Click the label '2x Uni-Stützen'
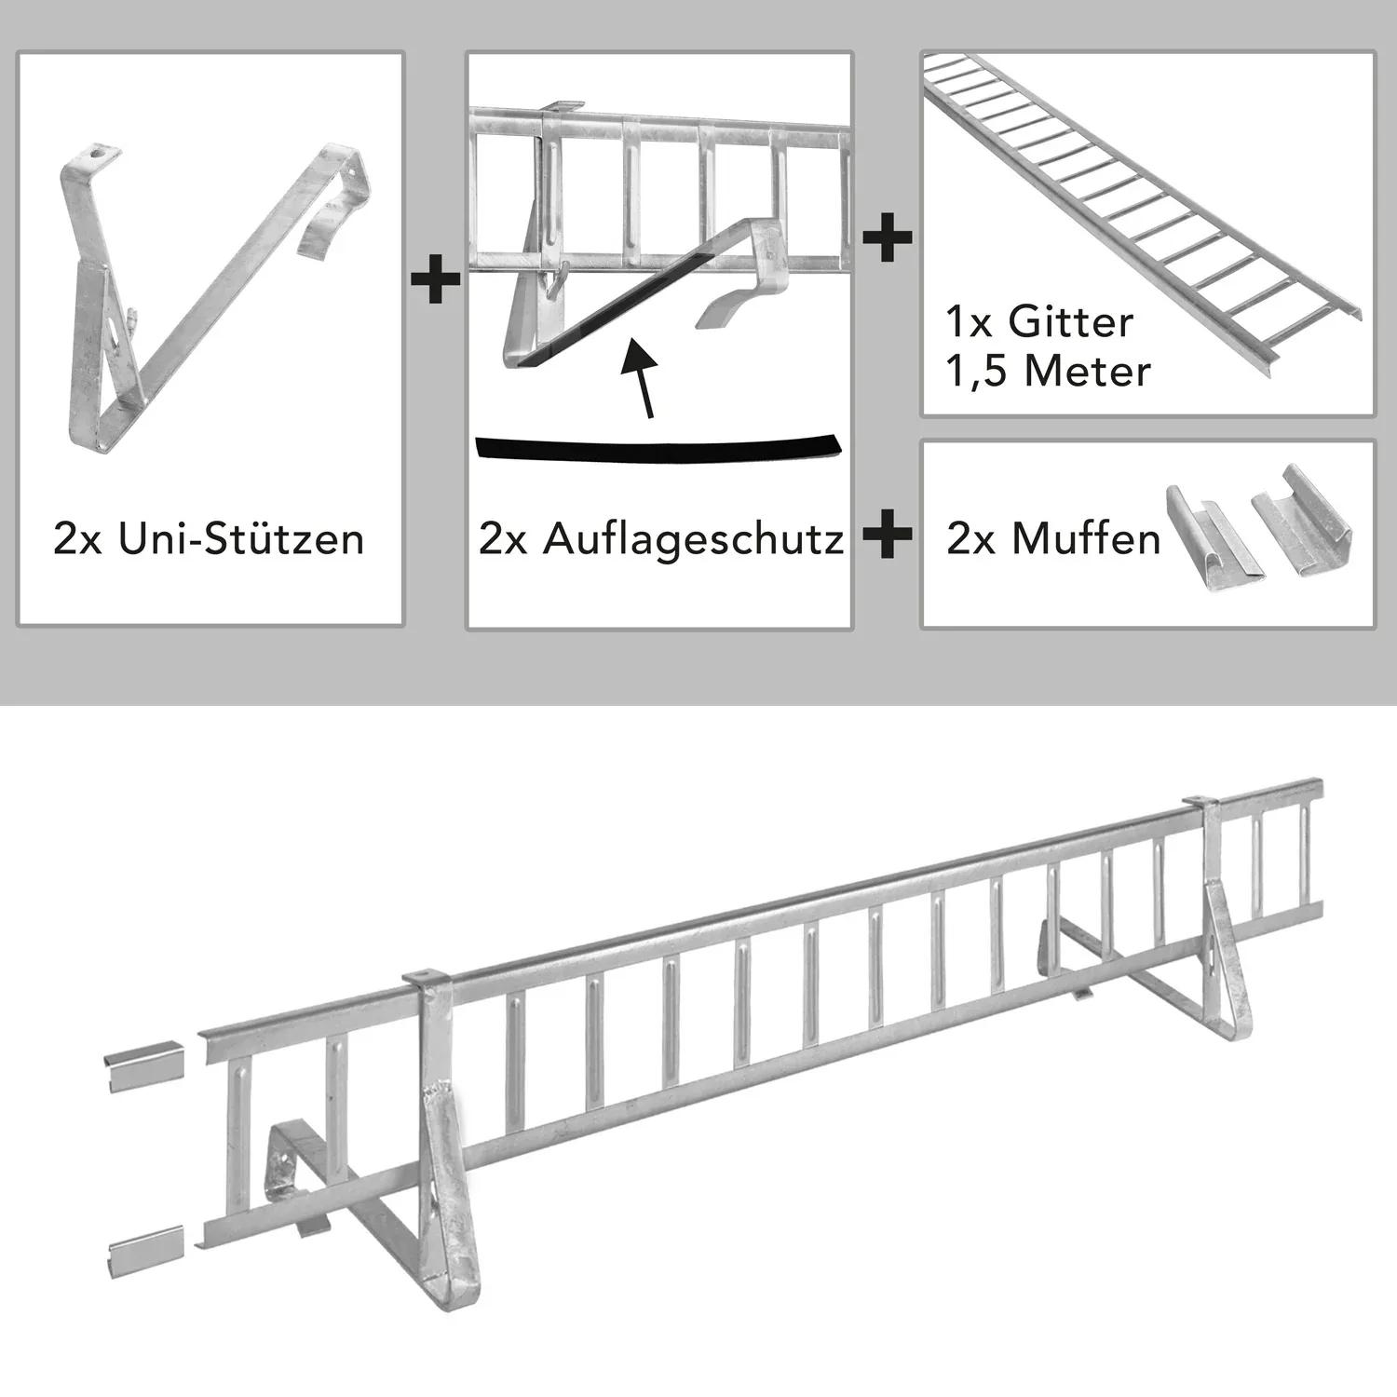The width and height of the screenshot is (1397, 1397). [x=209, y=540]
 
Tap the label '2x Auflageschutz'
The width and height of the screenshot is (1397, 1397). [x=661, y=540]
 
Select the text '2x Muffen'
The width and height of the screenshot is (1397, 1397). [x=1053, y=540]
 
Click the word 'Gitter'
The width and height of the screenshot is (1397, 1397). [x=1070, y=323]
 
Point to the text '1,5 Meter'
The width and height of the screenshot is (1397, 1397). [x=1048, y=372]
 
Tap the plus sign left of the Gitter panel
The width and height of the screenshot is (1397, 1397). [x=888, y=237]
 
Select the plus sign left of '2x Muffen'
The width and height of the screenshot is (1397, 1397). [x=888, y=537]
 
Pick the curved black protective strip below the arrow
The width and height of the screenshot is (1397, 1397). [x=658, y=448]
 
